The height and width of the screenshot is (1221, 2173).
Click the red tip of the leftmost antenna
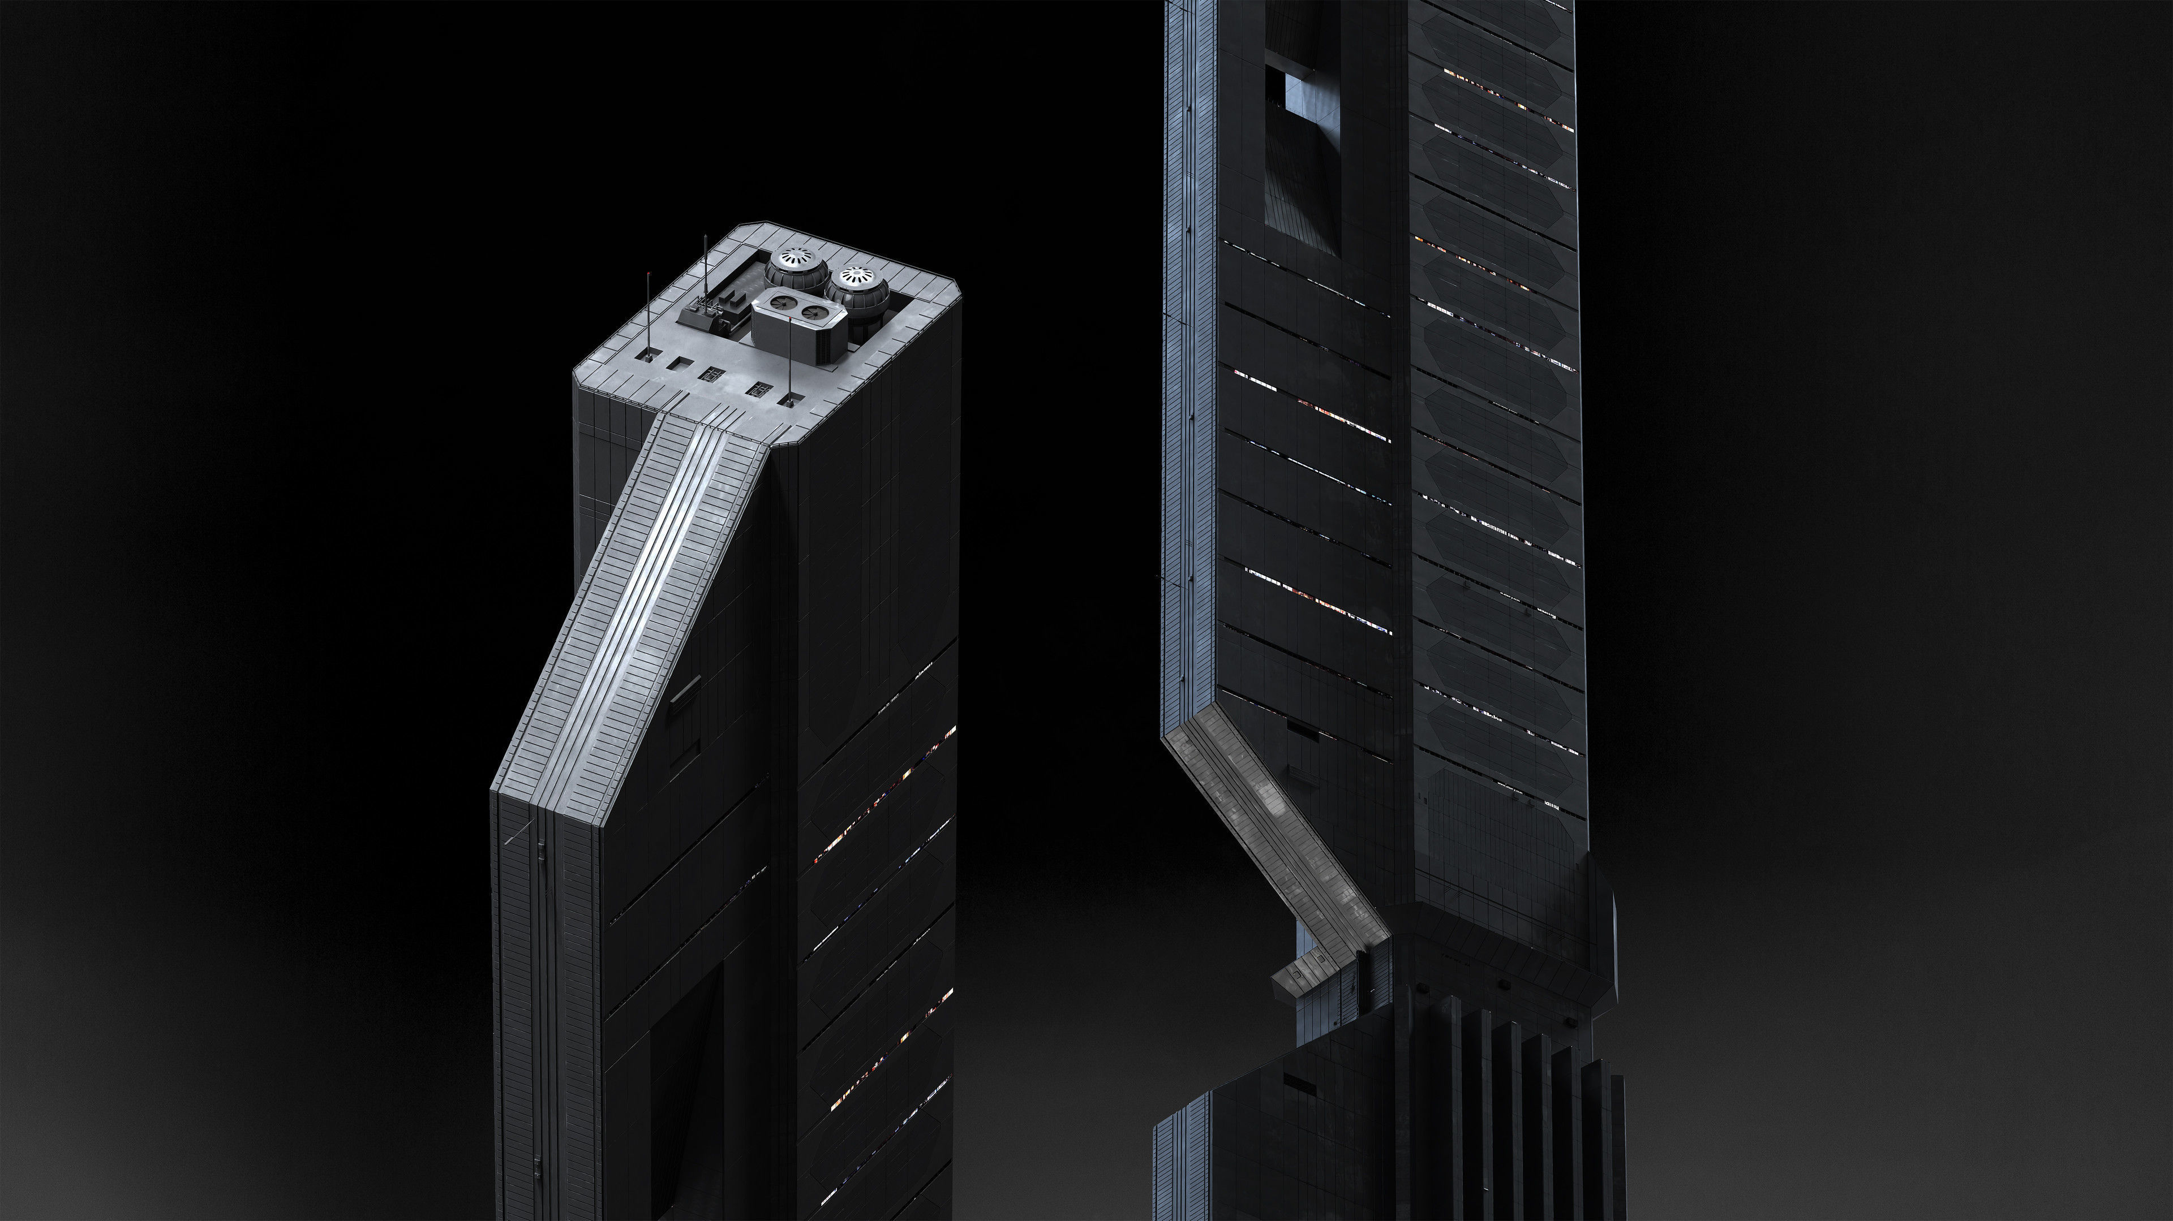[648, 276]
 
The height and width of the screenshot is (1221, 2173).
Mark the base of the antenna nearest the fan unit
[789, 398]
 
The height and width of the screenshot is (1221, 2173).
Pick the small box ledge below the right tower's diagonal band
[1303, 974]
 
